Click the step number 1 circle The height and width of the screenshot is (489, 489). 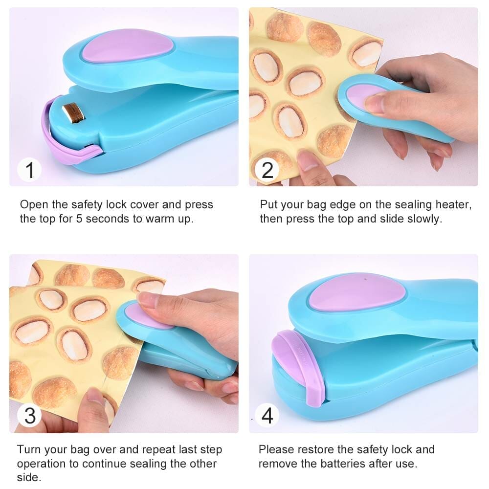click(30, 170)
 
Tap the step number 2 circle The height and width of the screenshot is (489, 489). click(267, 170)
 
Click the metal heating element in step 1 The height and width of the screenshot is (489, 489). click(73, 111)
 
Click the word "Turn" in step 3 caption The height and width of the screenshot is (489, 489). click(28, 449)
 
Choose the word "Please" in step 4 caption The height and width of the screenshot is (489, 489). click(277, 449)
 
